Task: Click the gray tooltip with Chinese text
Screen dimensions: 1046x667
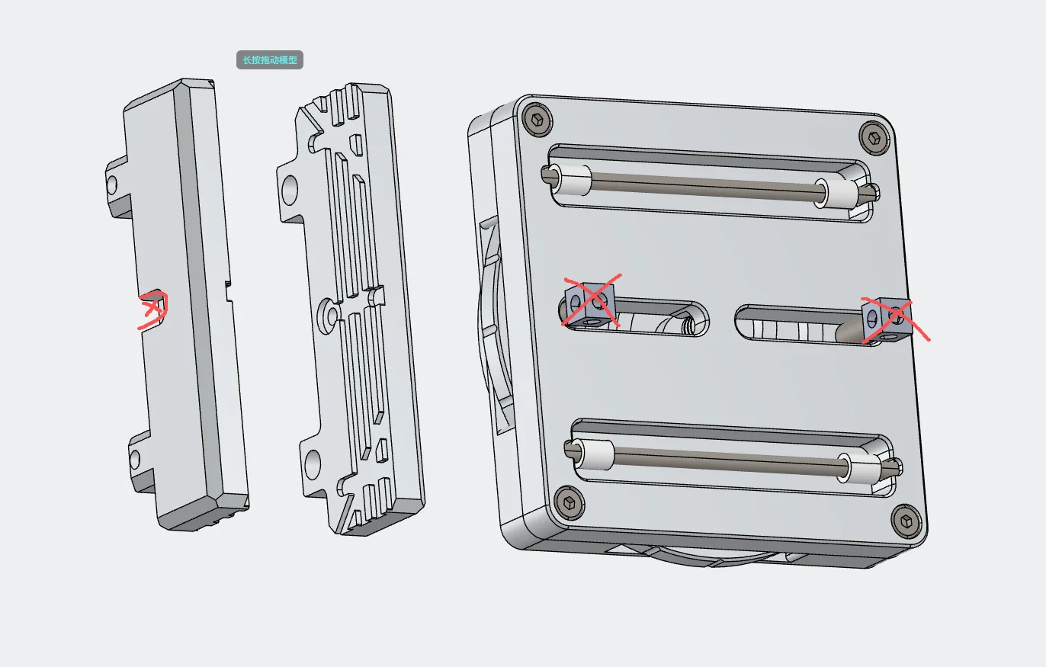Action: (x=269, y=59)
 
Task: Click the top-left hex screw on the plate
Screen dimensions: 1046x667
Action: (x=537, y=120)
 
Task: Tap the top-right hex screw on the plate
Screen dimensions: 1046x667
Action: (x=874, y=137)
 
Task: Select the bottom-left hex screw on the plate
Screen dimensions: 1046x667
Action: (x=569, y=502)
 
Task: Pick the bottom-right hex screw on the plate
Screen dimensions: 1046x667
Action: (x=906, y=521)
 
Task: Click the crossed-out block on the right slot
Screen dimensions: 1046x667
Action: (x=887, y=320)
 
